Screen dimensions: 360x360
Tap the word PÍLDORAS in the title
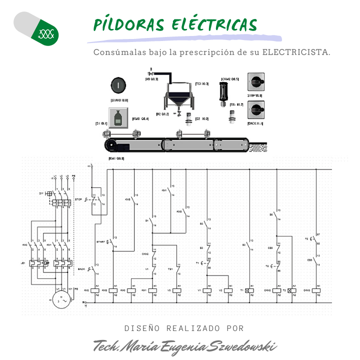129,25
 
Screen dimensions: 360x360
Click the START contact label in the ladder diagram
100,242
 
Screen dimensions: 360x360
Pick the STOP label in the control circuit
77,198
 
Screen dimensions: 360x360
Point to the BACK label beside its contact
80,269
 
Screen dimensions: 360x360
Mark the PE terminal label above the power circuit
73,176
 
